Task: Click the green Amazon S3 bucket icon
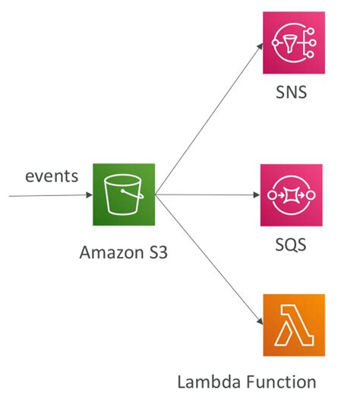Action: (124, 195)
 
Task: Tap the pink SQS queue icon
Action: (292, 195)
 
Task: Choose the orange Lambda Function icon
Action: (292, 325)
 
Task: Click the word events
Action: (52, 176)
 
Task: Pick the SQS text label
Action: (292, 247)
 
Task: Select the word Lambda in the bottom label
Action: (210, 381)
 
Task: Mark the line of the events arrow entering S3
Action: (46, 195)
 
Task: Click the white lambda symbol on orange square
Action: (292, 325)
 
